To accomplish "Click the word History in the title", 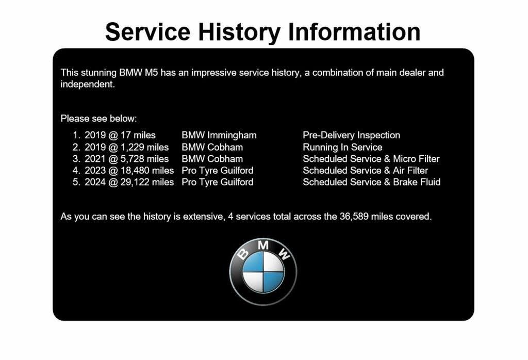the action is [239, 32].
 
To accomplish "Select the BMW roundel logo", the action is [263, 272].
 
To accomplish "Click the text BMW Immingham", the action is [219, 135].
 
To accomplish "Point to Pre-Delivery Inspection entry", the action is [351, 135].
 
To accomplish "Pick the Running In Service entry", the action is [342, 148].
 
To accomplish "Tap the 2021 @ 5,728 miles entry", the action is [127, 159].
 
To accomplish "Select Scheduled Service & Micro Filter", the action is [371, 159].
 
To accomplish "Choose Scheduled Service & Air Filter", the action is [366, 170].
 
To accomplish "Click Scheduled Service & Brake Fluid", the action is [371, 182].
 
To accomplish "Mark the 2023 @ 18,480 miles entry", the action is [129, 171].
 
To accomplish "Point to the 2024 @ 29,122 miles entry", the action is [129, 182].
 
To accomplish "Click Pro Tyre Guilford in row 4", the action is [217, 171].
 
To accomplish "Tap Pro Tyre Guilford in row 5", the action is [217, 183].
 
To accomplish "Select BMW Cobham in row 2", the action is [212, 148].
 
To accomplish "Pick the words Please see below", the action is [98, 119].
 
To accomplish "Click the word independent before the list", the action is [88, 85].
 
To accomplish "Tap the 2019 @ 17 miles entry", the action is [120, 135].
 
